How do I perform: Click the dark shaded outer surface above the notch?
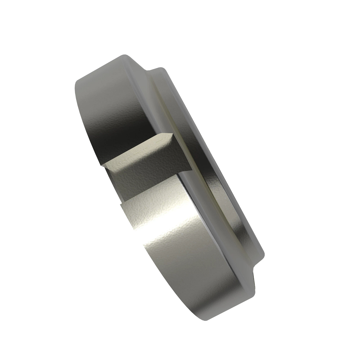[114, 120]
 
